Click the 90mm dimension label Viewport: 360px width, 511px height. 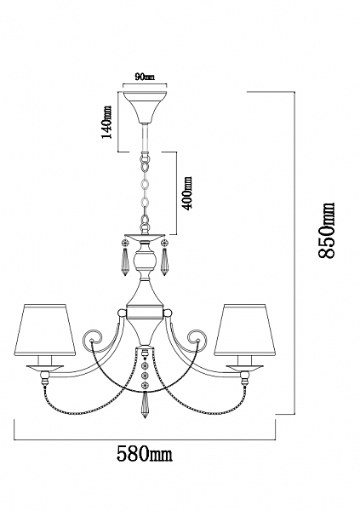point(145,78)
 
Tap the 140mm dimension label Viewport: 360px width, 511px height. point(106,122)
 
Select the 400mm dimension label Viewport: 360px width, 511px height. point(187,193)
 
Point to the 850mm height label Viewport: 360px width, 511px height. point(326,231)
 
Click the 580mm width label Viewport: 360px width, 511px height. point(145,453)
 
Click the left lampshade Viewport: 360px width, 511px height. point(44,330)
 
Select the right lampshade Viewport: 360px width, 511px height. point(244,330)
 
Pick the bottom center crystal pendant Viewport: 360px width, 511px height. point(145,405)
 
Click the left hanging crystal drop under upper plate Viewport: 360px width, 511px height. point(125,262)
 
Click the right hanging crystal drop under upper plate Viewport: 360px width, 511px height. point(164,262)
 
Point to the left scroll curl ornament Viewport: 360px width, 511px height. point(93,339)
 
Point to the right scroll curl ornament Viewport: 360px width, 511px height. point(197,339)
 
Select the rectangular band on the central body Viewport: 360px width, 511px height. point(145,313)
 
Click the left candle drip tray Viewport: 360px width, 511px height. point(44,367)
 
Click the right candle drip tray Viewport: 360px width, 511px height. point(244,367)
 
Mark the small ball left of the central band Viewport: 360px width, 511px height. point(122,313)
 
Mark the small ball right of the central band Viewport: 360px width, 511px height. point(169,313)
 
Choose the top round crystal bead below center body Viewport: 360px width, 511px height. point(145,364)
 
